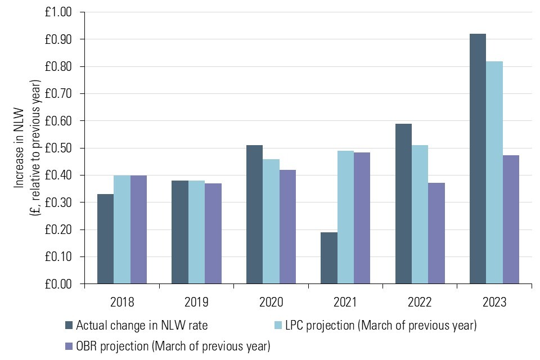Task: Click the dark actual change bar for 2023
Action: [x=478, y=159]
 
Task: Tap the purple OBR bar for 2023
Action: [x=511, y=219]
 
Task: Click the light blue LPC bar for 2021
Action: [x=345, y=217]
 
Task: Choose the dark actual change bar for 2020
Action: [x=254, y=214]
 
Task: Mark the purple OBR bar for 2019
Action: [x=213, y=233]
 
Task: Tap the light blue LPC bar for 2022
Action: [x=420, y=214]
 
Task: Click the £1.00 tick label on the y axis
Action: [x=58, y=12]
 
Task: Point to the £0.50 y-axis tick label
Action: [x=58, y=148]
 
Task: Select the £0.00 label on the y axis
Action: [x=58, y=284]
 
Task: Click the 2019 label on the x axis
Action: [x=196, y=302]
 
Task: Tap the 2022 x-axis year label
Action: [x=420, y=302]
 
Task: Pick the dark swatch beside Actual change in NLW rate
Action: [x=69, y=325]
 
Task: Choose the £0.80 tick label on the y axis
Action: [x=58, y=66]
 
